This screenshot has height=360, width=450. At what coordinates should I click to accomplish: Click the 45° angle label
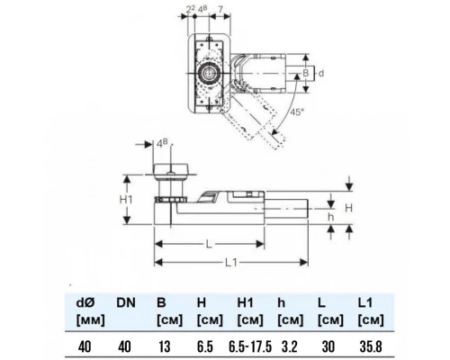click(297, 112)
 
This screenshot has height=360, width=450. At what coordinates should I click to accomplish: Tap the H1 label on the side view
click(126, 200)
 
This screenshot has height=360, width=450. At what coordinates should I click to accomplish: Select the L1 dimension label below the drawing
click(231, 263)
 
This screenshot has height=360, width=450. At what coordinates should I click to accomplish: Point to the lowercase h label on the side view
click(330, 217)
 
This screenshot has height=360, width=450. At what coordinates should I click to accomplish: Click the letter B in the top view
click(305, 73)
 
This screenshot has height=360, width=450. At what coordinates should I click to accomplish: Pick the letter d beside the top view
click(321, 73)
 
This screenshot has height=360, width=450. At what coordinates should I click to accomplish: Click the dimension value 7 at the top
click(220, 9)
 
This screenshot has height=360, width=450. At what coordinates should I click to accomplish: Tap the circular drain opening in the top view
click(207, 73)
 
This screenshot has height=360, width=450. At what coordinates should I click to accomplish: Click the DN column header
click(126, 303)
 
